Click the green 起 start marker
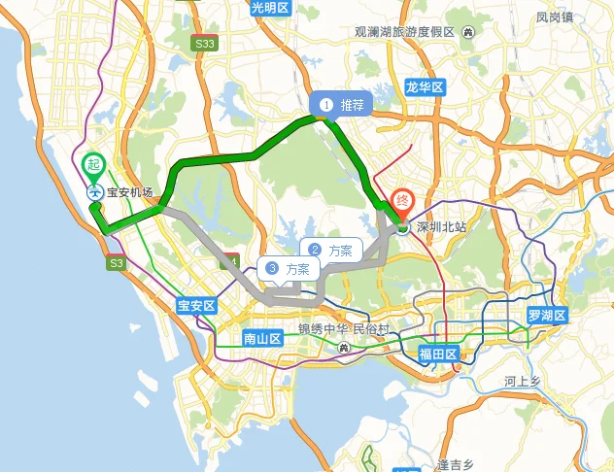[93, 165]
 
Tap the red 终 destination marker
[401, 202]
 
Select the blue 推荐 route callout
[340, 104]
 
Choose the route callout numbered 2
[330, 251]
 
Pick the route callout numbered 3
[289, 269]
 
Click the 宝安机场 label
[130, 192]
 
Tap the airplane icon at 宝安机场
[95, 191]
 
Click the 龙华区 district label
[425, 87]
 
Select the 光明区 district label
[270, 8]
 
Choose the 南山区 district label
[262, 339]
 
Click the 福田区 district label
[437, 354]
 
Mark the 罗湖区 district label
[546, 317]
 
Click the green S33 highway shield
[204, 44]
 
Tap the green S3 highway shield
[117, 263]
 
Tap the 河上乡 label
[529, 382]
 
